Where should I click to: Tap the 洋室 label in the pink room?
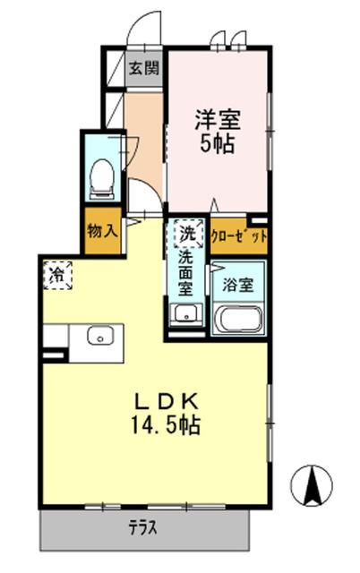218,119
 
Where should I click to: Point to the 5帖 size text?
218,143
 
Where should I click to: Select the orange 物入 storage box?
103,230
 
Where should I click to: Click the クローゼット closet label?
238,236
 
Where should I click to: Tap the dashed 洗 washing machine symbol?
186,235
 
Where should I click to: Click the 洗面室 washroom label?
186,274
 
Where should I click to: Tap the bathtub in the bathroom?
238,319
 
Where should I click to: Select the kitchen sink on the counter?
99,336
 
